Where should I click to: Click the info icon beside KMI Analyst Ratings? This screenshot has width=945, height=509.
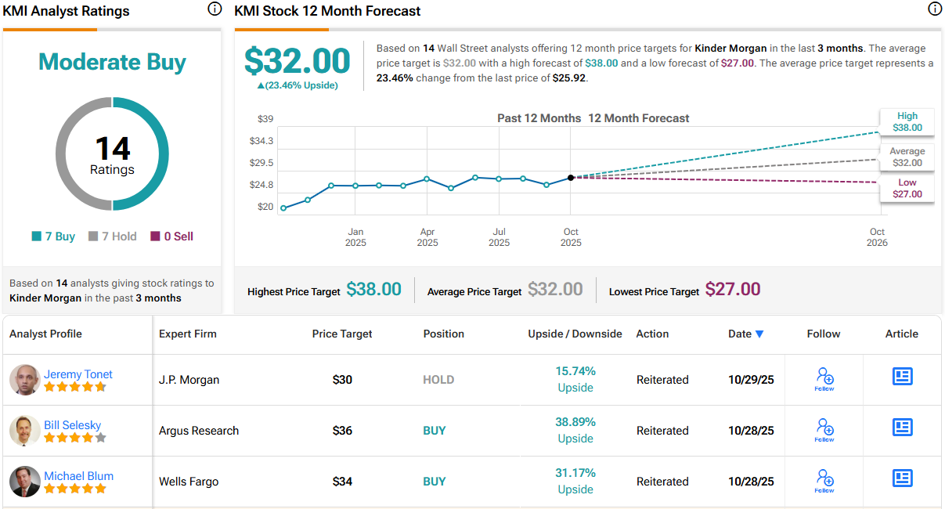(215, 9)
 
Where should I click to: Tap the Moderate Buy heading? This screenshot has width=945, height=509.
(112, 62)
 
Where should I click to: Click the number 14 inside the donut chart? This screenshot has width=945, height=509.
(112, 148)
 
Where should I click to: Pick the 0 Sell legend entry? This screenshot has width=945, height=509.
(172, 236)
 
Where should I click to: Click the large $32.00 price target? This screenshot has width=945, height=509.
(298, 60)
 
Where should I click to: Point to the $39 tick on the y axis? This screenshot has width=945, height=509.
(265, 119)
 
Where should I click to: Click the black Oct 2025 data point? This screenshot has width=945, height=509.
(571, 178)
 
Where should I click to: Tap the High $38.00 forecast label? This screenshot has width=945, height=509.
(907, 121)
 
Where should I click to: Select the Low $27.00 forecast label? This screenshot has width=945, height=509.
(907, 188)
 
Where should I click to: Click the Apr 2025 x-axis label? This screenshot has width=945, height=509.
(427, 236)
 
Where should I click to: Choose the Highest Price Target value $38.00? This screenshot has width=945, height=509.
(373, 290)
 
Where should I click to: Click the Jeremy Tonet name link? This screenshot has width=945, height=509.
(78, 374)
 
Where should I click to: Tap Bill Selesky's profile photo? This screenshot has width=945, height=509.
(25, 431)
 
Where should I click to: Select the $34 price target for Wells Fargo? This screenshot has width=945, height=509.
(342, 482)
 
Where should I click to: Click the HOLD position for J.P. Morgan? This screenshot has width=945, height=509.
(438, 380)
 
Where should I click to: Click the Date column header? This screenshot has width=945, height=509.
(745, 334)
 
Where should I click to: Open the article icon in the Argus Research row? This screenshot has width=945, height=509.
(903, 428)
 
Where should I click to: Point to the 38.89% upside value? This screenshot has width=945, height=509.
(575, 422)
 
